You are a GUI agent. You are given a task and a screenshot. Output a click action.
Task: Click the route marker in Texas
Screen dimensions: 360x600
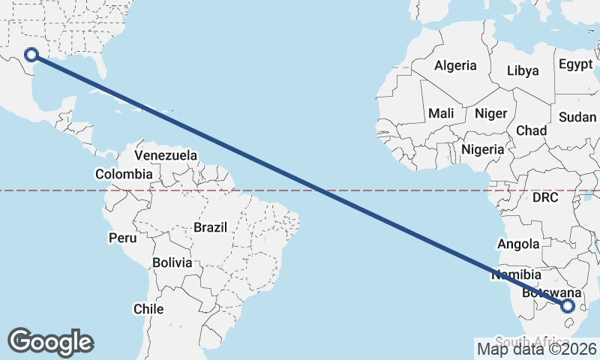click(x=31, y=54)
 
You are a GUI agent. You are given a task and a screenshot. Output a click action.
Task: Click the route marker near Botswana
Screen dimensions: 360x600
click(x=568, y=305)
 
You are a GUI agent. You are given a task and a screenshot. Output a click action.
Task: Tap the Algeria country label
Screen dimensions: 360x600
click(x=455, y=65)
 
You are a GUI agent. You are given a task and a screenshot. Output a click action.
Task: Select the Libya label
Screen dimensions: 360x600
click(x=523, y=70)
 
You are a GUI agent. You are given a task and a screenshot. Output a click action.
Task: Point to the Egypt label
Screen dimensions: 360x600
click(x=576, y=64)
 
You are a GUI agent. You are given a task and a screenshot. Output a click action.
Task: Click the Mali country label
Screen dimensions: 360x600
click(x=441, y=113)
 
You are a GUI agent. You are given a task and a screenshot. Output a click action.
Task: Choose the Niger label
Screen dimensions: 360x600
click(x=490, y=113)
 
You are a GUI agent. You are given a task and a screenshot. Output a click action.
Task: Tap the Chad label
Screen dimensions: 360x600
click(x=531, y=130)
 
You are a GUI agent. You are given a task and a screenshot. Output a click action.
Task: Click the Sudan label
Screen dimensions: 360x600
click(x=577, y=117)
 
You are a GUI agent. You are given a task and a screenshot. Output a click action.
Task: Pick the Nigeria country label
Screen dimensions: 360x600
click(x=482, y=149)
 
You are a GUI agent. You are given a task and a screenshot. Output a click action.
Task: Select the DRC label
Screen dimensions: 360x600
click(x=545, y=198)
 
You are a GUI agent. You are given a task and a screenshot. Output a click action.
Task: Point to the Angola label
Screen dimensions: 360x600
click(x=518, y=244)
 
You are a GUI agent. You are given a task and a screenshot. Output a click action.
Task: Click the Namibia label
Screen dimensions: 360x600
click(x=516, y=274)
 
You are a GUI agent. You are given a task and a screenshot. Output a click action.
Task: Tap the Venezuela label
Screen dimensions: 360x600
click(x=166, y=155)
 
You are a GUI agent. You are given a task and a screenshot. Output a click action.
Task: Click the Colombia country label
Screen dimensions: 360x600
click(x=123, y=174)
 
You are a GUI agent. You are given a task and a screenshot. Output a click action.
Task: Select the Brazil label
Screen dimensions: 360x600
click(x=210, y=226)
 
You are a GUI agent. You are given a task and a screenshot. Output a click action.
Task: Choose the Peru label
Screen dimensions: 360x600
click(x=123, y=238)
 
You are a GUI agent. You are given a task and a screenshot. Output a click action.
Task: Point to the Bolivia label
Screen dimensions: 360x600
click(x=172, y=262)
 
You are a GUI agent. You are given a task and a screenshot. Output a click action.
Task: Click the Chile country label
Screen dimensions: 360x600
click(x=148, y=308)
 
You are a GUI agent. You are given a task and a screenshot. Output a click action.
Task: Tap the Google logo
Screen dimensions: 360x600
click(x=50, y=341)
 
